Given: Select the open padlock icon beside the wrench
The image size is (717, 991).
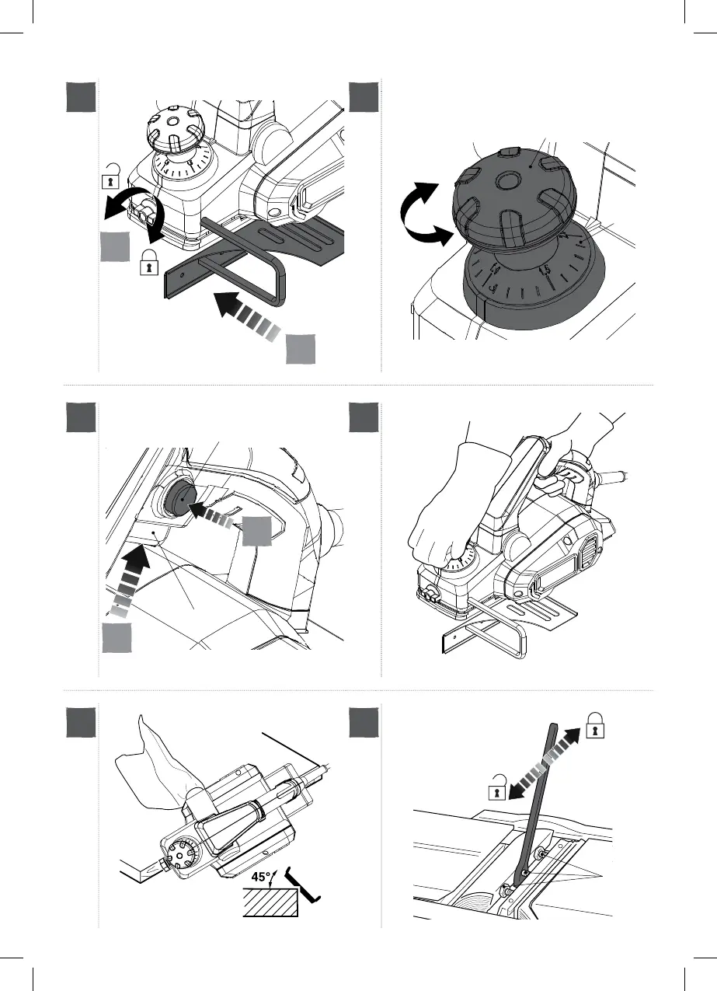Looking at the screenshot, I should point(494,791).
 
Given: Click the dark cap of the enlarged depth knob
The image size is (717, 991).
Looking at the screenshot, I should point(513,194).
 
